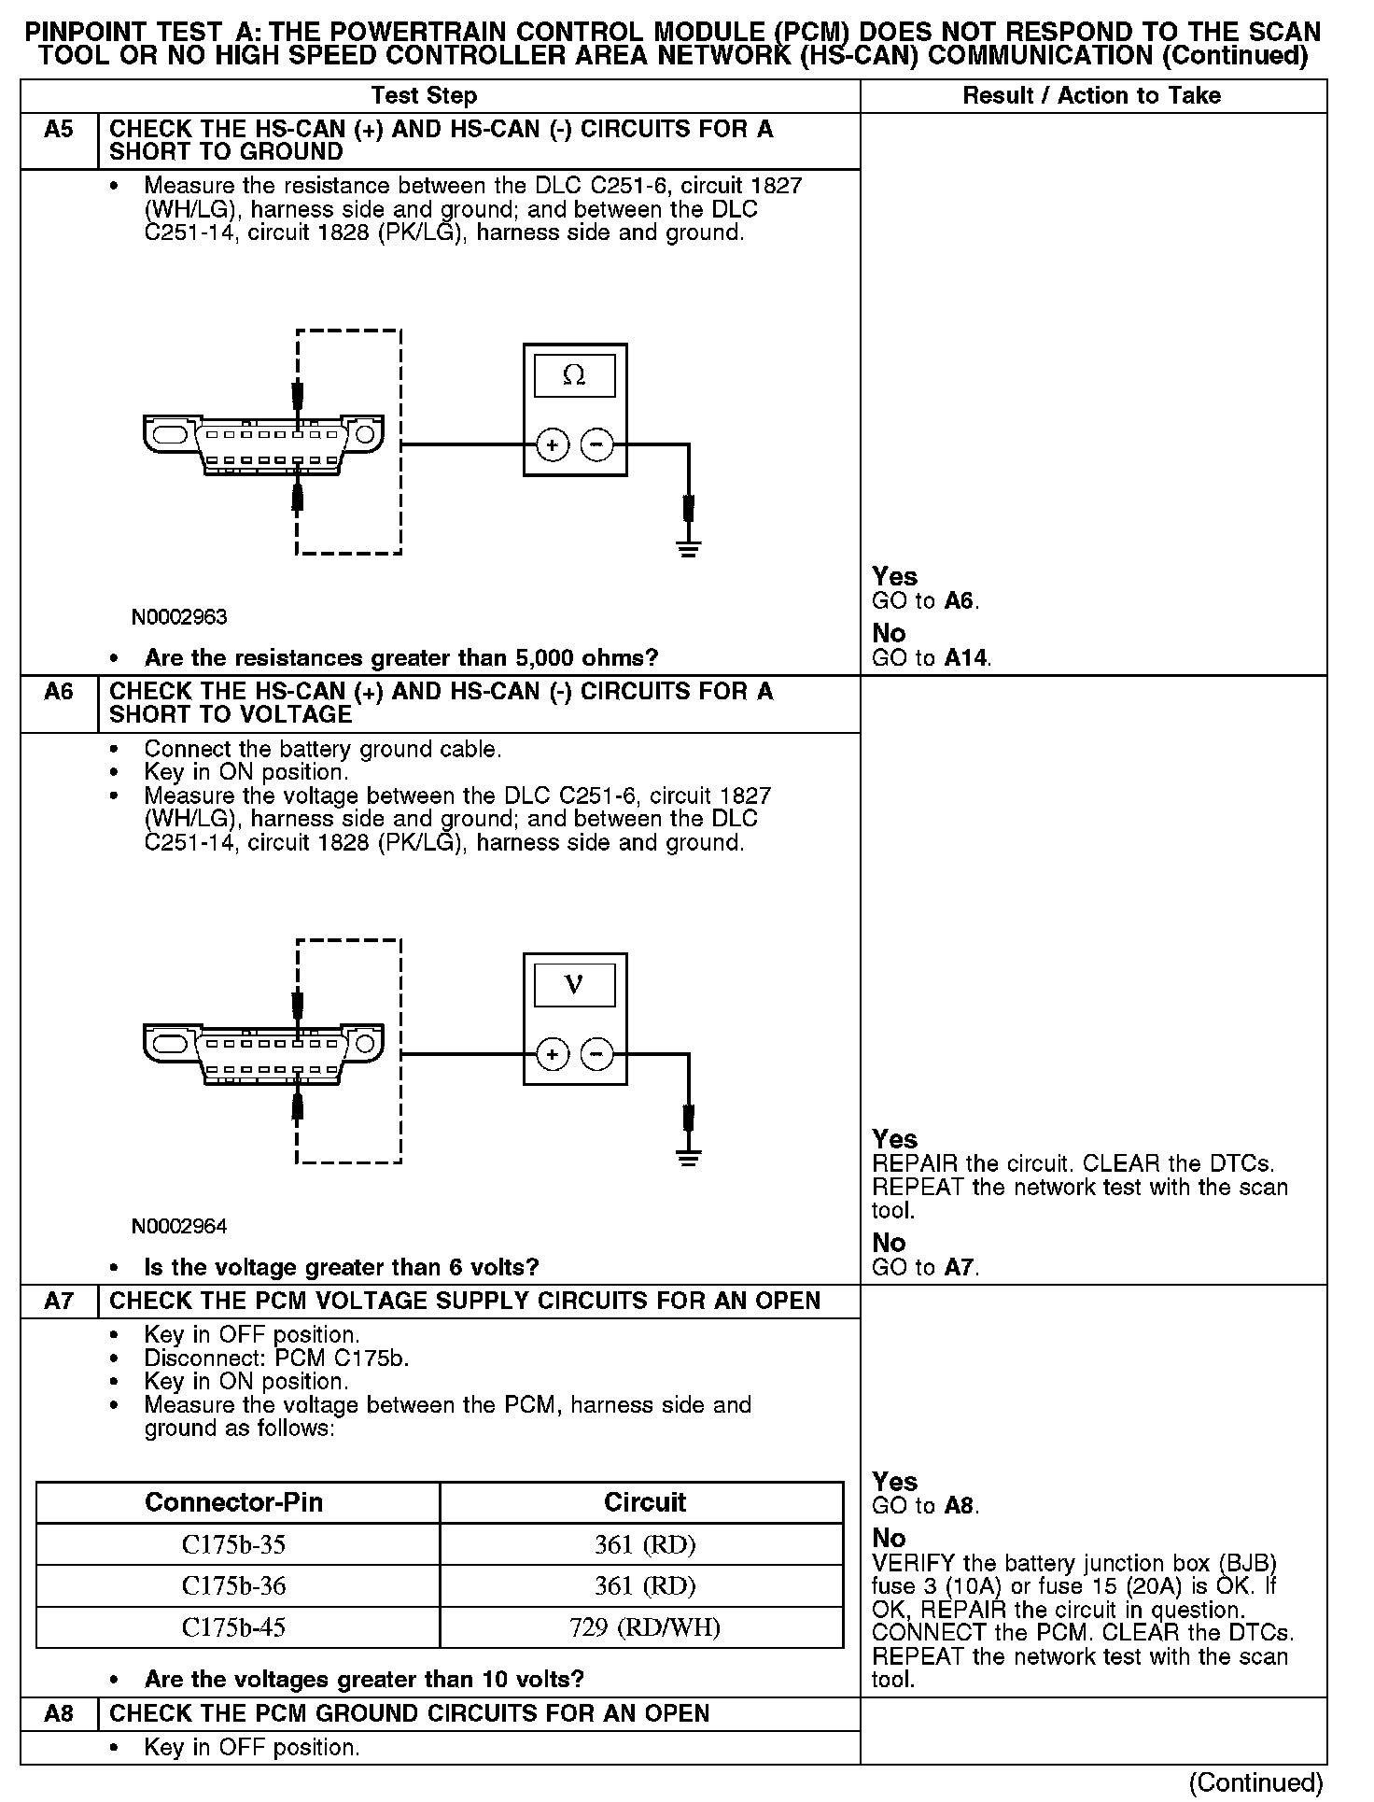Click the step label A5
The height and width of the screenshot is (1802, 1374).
point(58,129)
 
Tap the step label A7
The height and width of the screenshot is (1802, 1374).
point(58,1301)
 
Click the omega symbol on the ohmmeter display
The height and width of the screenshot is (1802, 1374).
point(574,375)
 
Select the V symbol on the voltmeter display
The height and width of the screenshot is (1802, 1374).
point(574,985)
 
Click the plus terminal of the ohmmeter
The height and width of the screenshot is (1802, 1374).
point(552,445)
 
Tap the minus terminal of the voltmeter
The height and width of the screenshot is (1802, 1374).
point(597,1055)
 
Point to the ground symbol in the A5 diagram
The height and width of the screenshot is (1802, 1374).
point(689,548)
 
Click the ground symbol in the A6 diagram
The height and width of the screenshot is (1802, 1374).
point(689,1158)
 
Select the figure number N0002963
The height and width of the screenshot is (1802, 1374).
point(179,617)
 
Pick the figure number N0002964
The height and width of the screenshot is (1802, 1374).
point(179,1226)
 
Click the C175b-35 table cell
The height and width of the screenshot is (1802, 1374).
point(233,1545)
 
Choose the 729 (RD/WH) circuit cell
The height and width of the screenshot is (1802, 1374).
point(644,1628)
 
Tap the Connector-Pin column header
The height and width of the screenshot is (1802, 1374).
point(233,1502)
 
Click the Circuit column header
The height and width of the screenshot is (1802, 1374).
point(644,1502)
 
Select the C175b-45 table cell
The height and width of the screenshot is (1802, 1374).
point(233,1628)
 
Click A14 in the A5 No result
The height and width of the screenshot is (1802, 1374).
point(965,658)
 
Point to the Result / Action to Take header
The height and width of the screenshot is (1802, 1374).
point(1091,95)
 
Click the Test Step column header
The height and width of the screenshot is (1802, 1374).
point(424,95)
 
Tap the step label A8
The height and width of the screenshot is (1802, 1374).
point(58,1713)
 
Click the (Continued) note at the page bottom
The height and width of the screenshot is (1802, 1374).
point(1255,1782)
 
